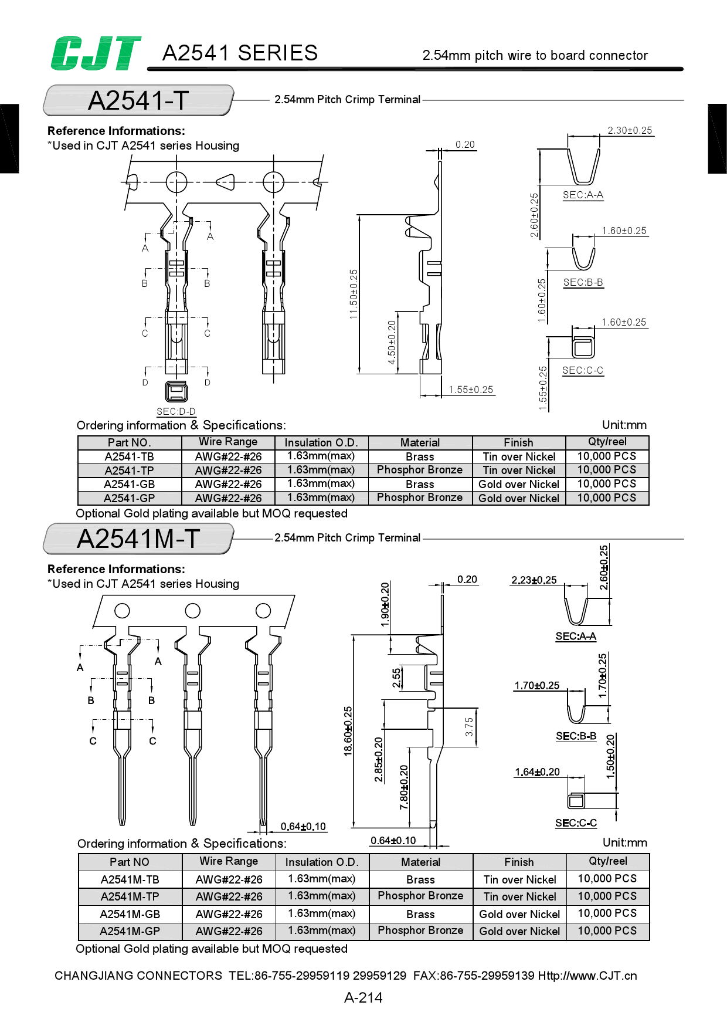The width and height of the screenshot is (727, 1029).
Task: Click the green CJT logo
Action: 96,53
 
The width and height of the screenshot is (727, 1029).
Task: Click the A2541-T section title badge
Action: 138,100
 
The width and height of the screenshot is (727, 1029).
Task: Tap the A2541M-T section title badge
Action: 138,539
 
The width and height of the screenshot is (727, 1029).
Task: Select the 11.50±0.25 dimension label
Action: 354,294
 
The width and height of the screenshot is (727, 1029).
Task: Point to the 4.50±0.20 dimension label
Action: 392,342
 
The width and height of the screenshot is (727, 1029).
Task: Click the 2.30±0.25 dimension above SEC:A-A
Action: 630,130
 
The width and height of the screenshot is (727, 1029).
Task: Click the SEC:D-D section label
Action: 176,411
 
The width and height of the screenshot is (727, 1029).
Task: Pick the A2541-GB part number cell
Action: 130,484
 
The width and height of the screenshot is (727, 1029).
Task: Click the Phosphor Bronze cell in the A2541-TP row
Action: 420,470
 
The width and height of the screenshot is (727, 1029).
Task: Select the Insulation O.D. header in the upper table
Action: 320,442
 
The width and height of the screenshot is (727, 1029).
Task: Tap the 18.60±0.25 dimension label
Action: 348,731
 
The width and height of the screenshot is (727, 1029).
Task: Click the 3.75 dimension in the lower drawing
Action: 469,727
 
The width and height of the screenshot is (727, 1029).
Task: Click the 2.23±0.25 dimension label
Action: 534,580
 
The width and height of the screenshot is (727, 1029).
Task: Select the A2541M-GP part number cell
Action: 130,931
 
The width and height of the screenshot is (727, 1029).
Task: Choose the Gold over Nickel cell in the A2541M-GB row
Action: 519,914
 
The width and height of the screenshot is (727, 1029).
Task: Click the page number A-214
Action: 363,997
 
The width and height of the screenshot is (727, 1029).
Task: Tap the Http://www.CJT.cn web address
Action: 587,976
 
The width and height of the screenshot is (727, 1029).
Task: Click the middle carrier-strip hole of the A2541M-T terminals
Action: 192,611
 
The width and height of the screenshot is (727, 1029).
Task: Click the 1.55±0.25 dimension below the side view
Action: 471,390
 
